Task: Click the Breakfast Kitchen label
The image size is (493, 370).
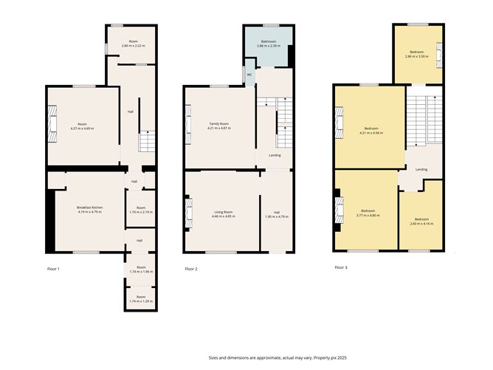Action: click(x=89, y=208)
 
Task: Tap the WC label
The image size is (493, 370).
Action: click(x=249, y=75)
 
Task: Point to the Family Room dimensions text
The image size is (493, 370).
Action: click(x=219, y=129)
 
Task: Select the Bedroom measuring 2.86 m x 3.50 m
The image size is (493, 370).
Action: click(x=417, y=53)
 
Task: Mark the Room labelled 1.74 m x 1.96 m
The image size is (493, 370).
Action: click(x=140, y=269)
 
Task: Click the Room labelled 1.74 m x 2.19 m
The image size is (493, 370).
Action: click(x=140, y=209)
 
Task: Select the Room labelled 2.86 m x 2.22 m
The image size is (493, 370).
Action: click(x=133, y=44)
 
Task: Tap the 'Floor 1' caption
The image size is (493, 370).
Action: click(x=53, y=268)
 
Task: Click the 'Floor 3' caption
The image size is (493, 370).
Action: click(x=340, y=267)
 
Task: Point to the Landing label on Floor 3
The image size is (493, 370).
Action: click(x=421, y=170)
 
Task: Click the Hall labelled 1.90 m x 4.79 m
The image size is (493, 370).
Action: click(x=275, y=214)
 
